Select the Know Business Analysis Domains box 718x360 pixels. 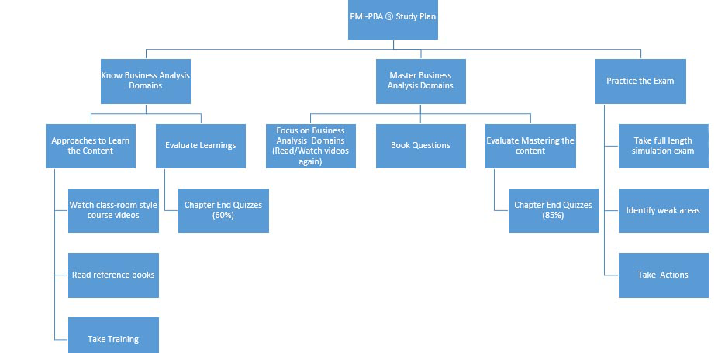coord(146,81)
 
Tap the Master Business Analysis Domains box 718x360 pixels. coord(420,81)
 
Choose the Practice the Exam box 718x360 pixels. coord(640,81)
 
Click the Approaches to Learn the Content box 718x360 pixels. coord(91,145)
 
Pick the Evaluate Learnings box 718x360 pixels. coord(201,145)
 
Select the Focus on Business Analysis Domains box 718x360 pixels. coord(310,145)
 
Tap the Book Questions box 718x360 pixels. coord(420,145)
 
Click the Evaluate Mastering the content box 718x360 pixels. coord(530,145)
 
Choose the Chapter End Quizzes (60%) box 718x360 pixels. coord(223,209)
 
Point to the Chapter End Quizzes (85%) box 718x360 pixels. coord(553,209)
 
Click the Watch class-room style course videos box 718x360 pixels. coord(113,209)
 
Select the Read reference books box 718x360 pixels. coord(113,275)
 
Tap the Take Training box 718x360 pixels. coord(113,338)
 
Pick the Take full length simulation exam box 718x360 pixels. coord(663,145)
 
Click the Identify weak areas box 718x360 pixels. coord(663,209)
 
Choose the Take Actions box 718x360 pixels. coord(663,275)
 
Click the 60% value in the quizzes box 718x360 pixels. coord(223,215)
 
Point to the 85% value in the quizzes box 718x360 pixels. coord(553,215)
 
